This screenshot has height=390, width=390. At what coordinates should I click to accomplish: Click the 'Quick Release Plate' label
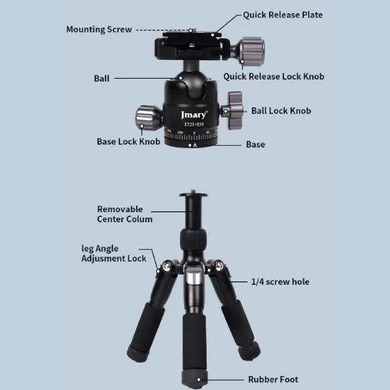pyautogui.click(x=283, y=15)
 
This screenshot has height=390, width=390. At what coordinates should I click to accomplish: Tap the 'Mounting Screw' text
pyautogui.click(x=99, y=30)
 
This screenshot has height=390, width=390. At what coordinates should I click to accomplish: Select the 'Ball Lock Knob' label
pyautogui.click(x=281, y=111)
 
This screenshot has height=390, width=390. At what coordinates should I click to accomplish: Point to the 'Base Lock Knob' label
pyautogui.click(x=129, y=141)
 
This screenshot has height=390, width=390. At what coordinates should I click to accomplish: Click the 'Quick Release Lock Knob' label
pyautogui.click(x=274, y=76)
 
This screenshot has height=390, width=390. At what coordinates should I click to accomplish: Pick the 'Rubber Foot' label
pyautogui.click(x=273, y=379)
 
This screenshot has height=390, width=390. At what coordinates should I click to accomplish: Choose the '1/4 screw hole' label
pyautogui.click(x=280, y=282)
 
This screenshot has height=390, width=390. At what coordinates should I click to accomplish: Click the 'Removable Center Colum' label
pyautogui.click(x=125, y=214)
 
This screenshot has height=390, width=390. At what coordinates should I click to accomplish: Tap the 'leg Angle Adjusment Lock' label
pyautogui.click(x=114, y=253)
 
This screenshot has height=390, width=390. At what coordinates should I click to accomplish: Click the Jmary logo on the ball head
pyautogui.click(x=194, y=115)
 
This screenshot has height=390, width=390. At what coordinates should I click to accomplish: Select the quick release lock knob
pyautogui.click(x=251, y=51)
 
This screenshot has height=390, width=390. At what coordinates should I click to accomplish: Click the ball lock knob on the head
pyautogui.click(x=233, y=111)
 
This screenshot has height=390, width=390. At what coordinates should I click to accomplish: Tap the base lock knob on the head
pyautogui.click(x=147, y=118)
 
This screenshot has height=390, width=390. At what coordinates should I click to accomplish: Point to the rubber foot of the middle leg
pyautogui.click(x=194, y=379)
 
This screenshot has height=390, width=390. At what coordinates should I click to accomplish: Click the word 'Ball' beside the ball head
pyautogui.click(x=101, y=79)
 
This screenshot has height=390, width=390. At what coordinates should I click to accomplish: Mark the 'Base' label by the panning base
pyautogui.click(x=256, y=144)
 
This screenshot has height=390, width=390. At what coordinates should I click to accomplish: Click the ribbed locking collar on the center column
pyautogui.click(x=193, y=239)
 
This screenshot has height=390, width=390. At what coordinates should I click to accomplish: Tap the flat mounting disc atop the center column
pyautogui.click(x=193, y=194)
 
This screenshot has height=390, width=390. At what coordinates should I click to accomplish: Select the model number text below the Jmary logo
pyautogui.click(x=194, y=124)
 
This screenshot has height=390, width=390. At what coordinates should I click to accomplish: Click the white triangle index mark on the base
pyautogui.click(x=195, y=145)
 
